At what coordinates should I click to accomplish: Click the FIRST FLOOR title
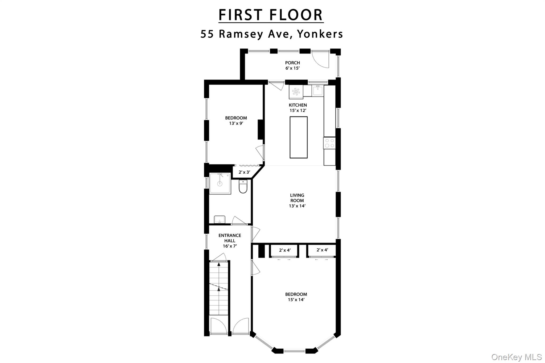[x=271, y=15]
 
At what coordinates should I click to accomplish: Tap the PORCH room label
[x=292, y=63]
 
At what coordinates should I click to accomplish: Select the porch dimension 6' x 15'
[x=292, y=68]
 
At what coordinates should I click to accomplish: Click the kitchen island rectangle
[x=299, y=137]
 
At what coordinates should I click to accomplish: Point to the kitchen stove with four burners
[x=329, y=143]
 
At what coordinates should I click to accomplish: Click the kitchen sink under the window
[x=318, y=91]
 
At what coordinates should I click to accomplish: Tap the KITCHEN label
[x=298, y=105]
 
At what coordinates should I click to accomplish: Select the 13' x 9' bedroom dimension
[x=236, y=123]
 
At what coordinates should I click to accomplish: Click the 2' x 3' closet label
[x=244, y=172]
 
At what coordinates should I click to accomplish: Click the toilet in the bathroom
[x=243, y=186]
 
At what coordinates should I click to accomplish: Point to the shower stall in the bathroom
[x=220, y=183]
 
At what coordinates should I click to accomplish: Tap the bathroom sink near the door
[x=220, y=220]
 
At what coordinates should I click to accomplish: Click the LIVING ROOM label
[x=297, y=198]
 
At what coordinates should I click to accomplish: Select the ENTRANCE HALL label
[x=230, y=238]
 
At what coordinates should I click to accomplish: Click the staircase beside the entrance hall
[x=219, y=288]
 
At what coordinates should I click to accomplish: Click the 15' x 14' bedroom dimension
[x=296, y=300]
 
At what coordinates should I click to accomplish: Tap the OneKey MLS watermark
[x=516, y=357]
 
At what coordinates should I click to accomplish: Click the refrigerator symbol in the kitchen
[x=296, y=92]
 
